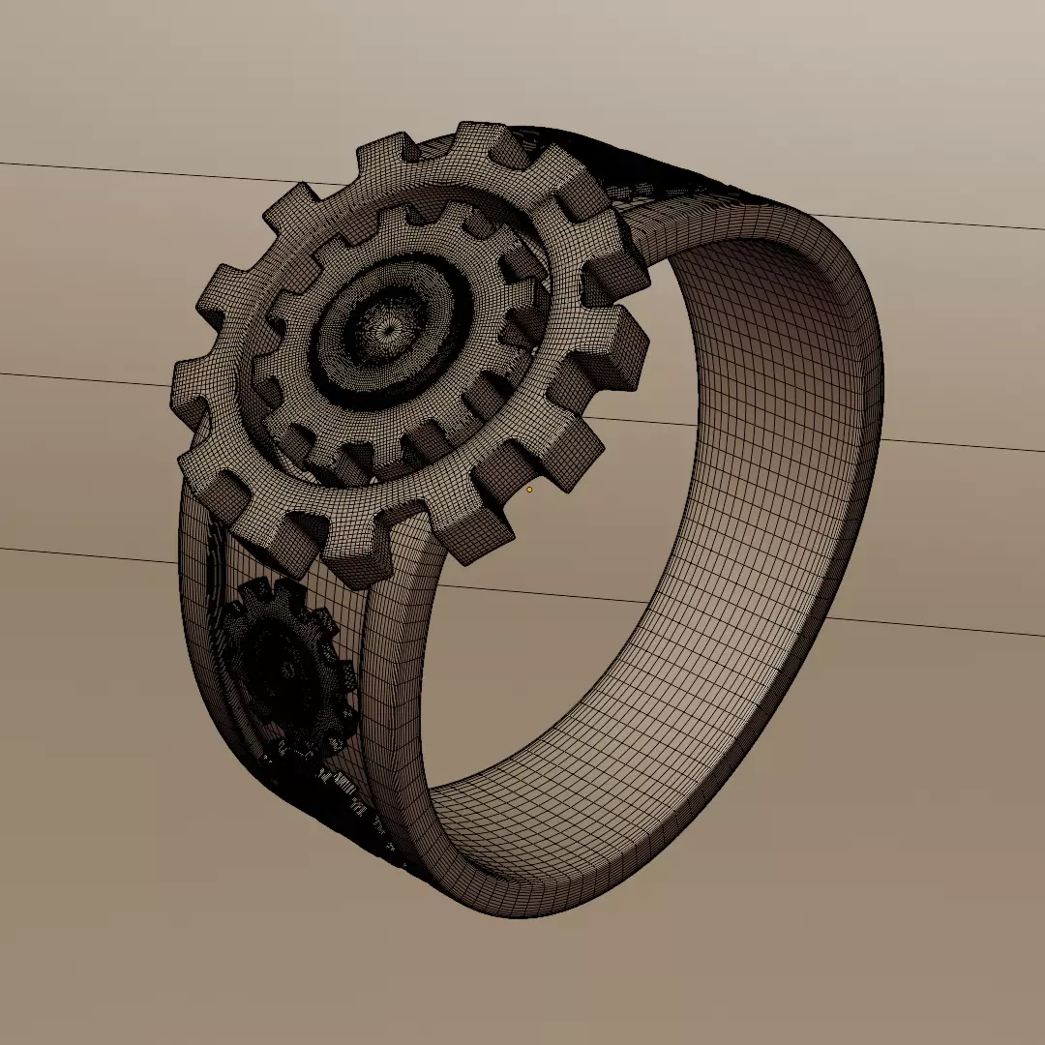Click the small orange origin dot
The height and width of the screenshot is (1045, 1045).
tap(529, 490)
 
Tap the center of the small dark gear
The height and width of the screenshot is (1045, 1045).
tap(287, 668)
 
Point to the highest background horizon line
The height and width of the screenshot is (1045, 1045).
tap(145, 171)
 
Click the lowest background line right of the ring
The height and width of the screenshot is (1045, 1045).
tap(929, 625)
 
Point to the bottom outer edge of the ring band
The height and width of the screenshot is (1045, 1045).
tap(522, 910)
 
